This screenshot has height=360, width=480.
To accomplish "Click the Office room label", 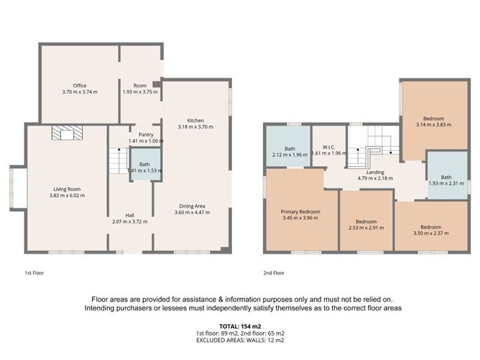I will tap(79, 86).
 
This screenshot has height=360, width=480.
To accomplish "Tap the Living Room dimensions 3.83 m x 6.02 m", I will tap(68, 195).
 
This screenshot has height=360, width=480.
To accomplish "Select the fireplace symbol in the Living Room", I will tap(67, 132).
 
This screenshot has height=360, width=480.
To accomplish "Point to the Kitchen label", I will tap(196, 120).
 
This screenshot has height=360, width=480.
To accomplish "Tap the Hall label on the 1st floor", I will tap(130, 215).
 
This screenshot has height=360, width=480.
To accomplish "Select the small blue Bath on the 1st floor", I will tap(145, 167).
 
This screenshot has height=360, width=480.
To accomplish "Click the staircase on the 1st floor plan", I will tap(117, 159).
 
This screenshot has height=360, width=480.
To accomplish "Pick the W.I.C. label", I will tap(329, 148).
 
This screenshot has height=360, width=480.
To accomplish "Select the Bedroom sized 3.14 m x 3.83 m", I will tap(433, 121).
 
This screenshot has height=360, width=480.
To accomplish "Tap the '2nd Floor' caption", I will tap(274, 273).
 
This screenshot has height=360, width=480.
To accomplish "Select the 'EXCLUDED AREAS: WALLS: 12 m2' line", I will tap(239, 342).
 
